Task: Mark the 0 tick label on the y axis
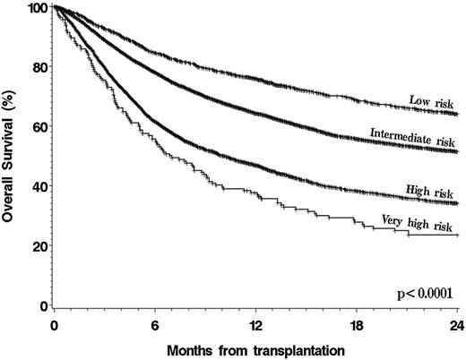(x=43, y=305)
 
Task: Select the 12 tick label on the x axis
(x=256, y=323)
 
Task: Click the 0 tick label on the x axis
(x=55, y=323)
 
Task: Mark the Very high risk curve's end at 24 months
(x=458, y=235)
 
